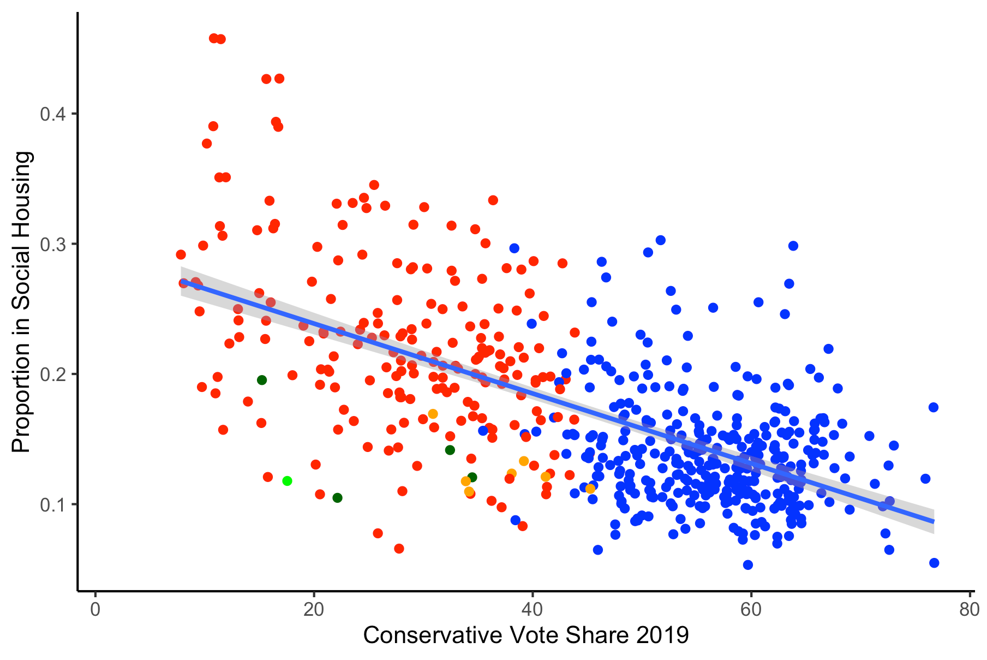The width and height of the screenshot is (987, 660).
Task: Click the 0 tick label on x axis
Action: click(95, 610)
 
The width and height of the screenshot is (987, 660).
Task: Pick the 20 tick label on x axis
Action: click(314, 610)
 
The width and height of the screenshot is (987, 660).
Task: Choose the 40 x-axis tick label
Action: click(533, 610)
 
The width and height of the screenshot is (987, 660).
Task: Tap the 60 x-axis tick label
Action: click(751, 610)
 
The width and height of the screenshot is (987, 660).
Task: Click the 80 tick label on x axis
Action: click(969, 610)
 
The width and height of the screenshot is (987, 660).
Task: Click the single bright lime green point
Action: click(287, 481)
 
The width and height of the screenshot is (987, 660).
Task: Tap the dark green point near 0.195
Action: click(262, 380)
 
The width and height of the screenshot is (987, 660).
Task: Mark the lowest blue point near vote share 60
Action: click(748, 564)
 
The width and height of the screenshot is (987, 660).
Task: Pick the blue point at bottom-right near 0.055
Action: click(934, 563)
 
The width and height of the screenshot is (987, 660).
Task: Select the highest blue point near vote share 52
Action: click(661, 240)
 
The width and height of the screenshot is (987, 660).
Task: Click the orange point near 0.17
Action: click(433, 414)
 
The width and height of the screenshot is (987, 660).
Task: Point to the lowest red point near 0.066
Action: click(399, 548)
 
